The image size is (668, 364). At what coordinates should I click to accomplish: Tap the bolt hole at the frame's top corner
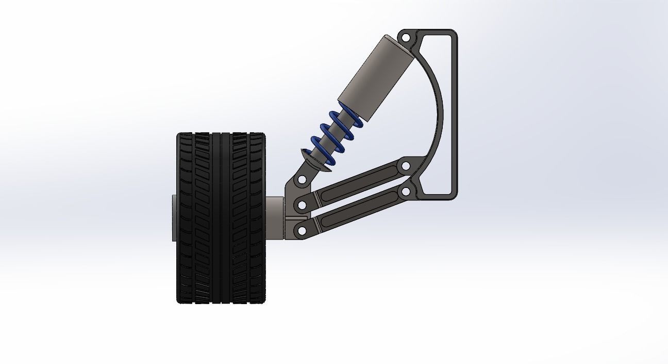click(x=406, y=38)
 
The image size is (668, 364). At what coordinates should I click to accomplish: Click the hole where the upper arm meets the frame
click(x=405, y=166)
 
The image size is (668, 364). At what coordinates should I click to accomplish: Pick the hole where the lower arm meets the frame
click(x=405, y=192)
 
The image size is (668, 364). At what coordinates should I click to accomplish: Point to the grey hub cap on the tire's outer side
click(x=174, y=217)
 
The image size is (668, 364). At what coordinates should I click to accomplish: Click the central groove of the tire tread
click(x=221, y=217)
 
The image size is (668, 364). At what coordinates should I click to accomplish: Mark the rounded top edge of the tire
click(x=221, y=135)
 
